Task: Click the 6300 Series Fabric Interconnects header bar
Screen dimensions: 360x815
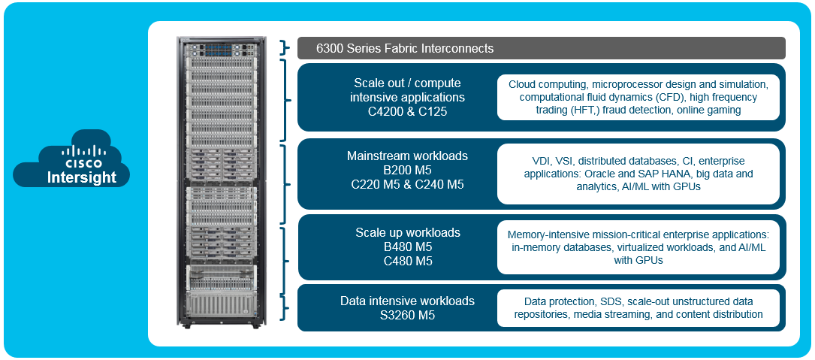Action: click(x=541, y=48)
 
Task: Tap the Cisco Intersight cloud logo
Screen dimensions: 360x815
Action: click(x=71, y=159)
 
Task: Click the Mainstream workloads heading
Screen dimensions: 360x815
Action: click(x=407, y=156)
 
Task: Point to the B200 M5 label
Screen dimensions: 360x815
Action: click(x=407, y=171)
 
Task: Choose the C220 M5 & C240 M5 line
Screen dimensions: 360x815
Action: click(x=407, y=185)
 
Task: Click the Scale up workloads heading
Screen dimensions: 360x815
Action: click(x=407, y=232)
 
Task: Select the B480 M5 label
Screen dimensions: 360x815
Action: click(x=407, y=247)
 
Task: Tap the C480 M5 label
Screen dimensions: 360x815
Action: click(x=407, y=261)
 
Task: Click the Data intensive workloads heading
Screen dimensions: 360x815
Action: click(x=407, y=301)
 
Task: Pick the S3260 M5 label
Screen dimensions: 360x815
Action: click(x=407, y=315)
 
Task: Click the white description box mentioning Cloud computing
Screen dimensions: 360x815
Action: click(x=638, y=97)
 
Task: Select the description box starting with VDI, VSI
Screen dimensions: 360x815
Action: click(x=638, y=174)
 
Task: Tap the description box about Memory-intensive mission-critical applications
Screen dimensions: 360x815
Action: click(x=638, y=247)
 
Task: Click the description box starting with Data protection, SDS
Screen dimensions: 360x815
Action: click(x=638, y=307)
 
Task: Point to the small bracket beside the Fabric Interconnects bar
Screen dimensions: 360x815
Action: click(x=284, y=48)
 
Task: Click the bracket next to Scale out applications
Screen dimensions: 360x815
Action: click(x=284, y=99)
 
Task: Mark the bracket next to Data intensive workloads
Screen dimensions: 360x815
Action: click(x=284, y=307)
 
